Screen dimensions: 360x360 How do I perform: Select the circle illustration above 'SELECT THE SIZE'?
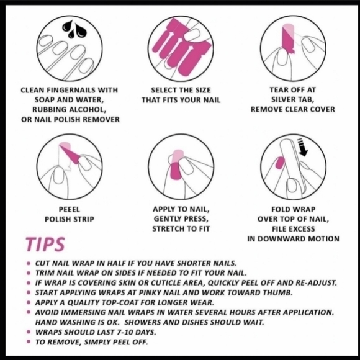[x=179, y=47]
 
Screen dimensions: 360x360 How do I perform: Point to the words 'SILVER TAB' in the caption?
[x=292, y=99]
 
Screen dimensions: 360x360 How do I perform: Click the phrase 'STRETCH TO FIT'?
[x=181, y=229]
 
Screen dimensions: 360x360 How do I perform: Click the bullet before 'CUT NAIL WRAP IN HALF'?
[x=29, y=263]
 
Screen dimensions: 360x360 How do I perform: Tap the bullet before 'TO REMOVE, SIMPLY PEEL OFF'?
[x=29, y=342]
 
